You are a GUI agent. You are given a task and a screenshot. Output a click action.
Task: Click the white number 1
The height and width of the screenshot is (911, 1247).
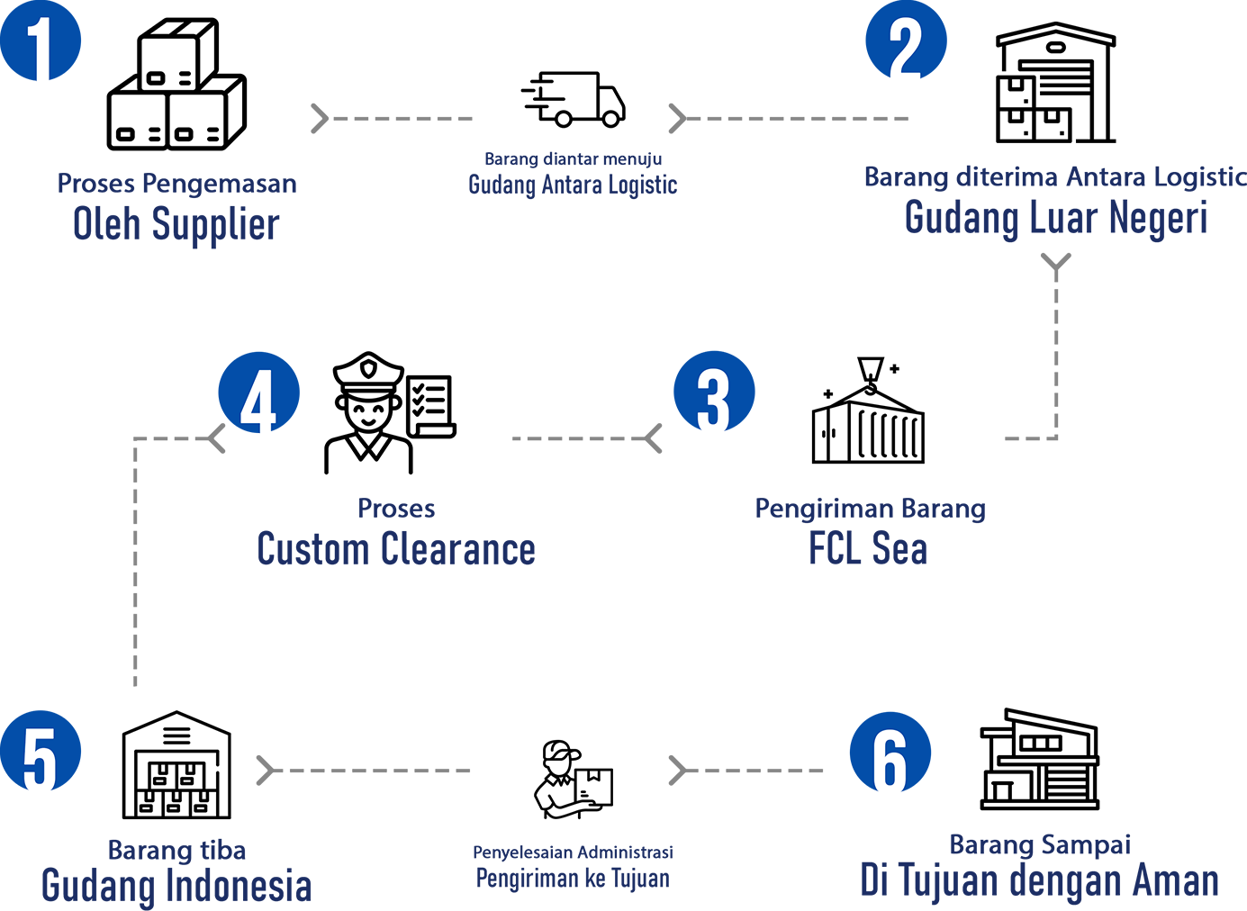[x=40, y=52]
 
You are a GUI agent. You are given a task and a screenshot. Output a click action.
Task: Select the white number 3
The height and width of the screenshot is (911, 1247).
[x=713, y=400]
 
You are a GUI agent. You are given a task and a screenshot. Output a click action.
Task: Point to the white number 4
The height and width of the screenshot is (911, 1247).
[x=258, y=400]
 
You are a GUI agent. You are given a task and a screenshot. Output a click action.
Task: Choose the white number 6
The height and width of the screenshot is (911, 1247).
[x=889, y=762]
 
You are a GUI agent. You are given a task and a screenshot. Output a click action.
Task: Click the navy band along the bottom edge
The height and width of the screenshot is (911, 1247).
[x=621, y=887]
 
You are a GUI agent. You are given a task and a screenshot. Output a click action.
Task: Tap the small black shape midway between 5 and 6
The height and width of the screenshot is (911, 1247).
[x=567, y=747]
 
